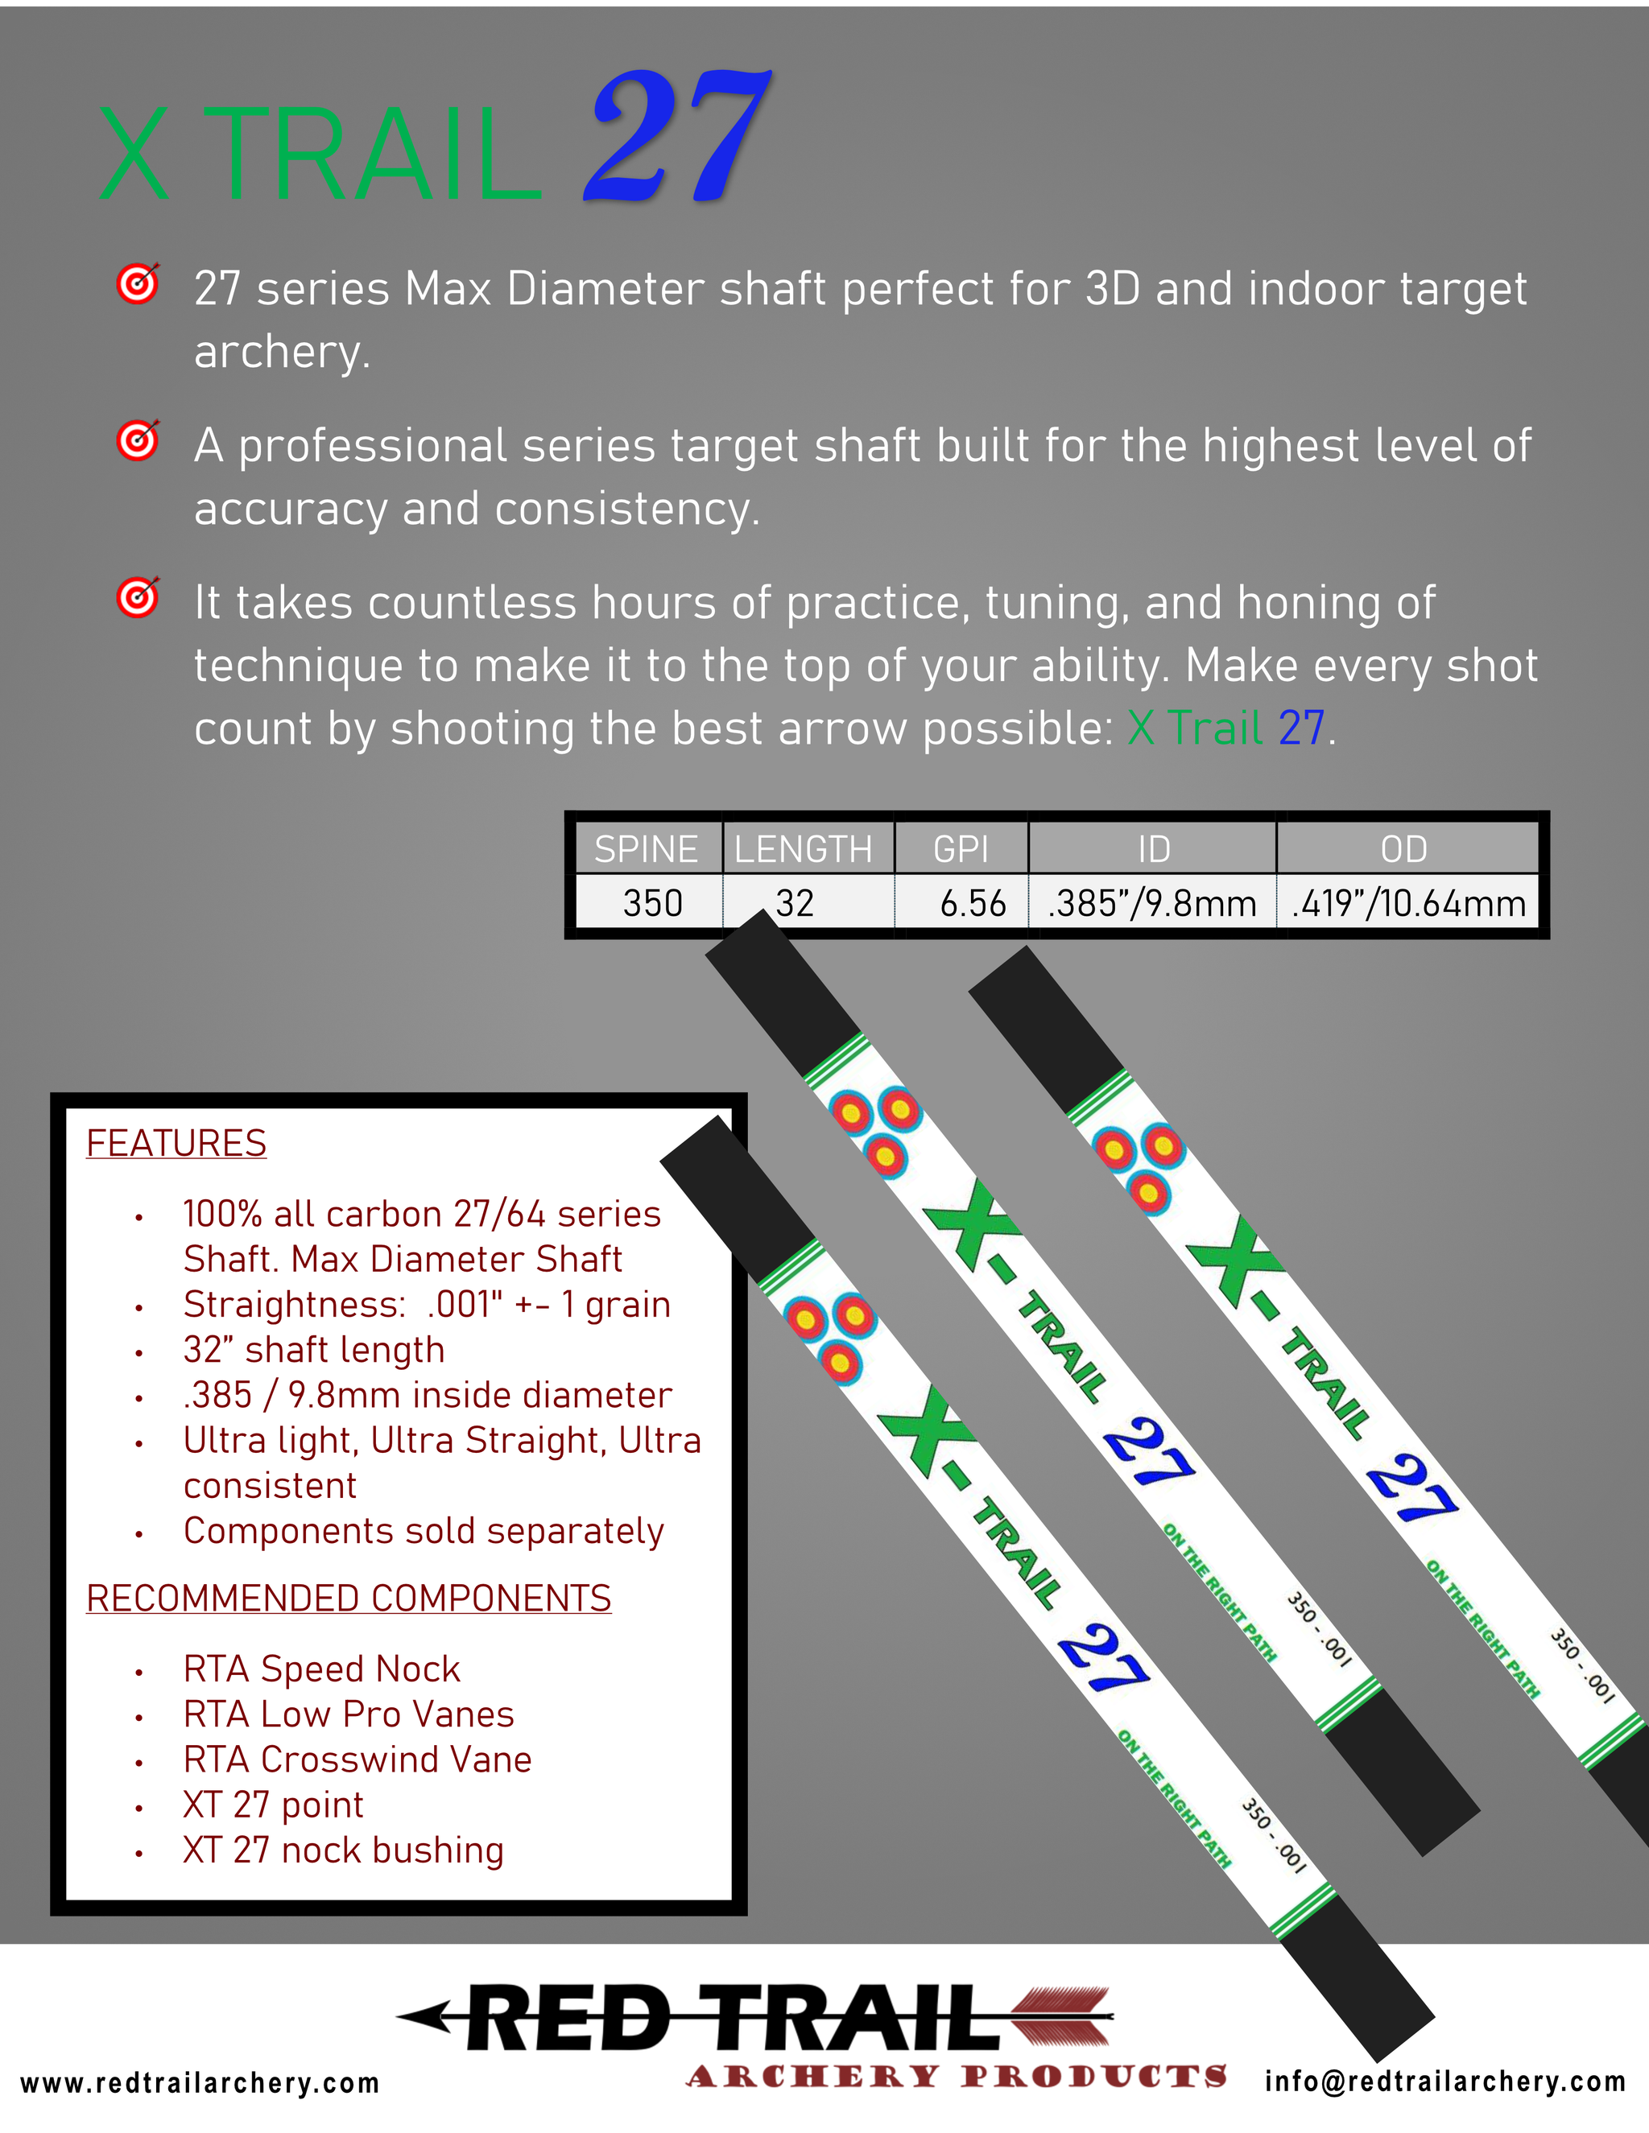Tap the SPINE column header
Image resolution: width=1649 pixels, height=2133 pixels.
pyautogui.click(x=646, y=848)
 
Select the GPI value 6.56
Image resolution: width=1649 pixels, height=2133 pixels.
pyautogui.click(x=972, y=903)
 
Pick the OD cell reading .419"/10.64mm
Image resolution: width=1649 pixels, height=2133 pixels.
pyautogui.click(x=1407, y=903)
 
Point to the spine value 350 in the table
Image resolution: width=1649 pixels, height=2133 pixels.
pyautogui.click(x=652, y=903)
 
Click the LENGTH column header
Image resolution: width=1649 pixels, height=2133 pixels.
pyautogui.click(x=803, y=848)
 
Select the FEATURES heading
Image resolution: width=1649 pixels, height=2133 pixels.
pyautogui.click(x=176, y=1143)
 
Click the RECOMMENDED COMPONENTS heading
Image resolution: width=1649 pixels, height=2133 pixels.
pyautogui.click(x=349, y=1598)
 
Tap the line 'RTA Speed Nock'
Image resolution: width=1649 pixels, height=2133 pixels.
pyautogui.click(x=321, y=1669)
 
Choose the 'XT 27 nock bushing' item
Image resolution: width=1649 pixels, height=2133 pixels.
pyautogui.click(x=343, y=1850)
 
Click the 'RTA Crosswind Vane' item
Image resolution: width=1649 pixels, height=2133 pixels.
pyautogui.click(x=357, y=1759)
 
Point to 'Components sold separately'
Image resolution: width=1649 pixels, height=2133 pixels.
pyautogui.click(x=423, y=1530)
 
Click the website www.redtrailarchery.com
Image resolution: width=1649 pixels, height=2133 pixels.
pyautogui.click(x=200, y=2083)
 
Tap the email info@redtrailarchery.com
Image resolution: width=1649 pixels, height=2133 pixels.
pyautogui.click(x=1444, y=2081)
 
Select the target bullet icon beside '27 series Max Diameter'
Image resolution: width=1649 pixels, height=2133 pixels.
pyautogui.click(x=138, y=284)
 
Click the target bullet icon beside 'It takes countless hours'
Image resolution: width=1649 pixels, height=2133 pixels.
pyautogui.click(x=138, y=598)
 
